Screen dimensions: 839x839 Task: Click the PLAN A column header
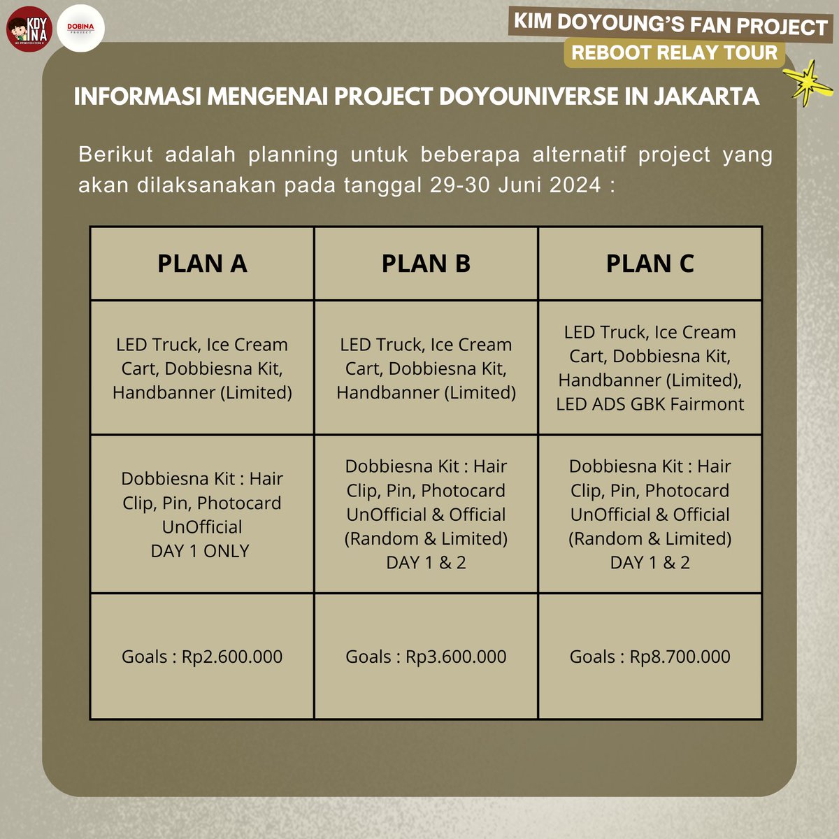[202, 264]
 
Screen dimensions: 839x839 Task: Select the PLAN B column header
[426, 264]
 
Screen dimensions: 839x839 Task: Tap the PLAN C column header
[650, 264]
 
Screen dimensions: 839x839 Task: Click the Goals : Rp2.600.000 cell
[202, 657]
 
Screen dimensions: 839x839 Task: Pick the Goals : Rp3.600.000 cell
[426, 657]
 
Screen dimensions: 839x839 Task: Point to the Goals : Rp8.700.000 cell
[650, 657]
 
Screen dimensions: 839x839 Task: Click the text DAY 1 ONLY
[200, 551]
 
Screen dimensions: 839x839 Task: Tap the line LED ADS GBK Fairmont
[650, 404]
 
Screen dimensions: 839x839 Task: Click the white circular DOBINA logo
[80, 29]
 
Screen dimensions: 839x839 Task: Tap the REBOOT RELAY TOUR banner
[674, 53]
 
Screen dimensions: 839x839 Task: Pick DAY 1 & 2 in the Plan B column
[426, 563]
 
